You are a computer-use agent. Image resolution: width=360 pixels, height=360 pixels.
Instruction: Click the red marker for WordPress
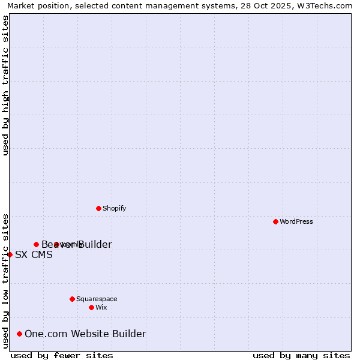[x=275, y=221]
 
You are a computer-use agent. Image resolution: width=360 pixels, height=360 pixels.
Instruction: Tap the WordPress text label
[x=296, y=221]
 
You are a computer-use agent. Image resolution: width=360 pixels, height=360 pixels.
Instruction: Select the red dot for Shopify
[x=98, y=208]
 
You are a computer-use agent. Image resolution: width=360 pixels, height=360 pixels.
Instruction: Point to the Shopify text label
[x=114, y=208]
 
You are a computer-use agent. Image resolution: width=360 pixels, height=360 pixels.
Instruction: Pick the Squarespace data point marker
[x=72, y=299]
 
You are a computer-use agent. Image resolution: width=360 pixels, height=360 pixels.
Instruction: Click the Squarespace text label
[x=97, y=299]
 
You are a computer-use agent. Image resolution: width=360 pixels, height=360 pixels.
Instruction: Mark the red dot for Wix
[x=91, y=307]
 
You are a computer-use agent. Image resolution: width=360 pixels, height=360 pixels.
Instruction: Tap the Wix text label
[x=101, y=307]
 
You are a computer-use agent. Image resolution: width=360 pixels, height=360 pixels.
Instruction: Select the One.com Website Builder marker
[x=20, y=334]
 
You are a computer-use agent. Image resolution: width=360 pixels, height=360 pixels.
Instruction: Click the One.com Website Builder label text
[x=85, y=334]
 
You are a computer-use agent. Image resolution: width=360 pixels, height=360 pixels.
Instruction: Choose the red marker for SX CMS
[x=10, y=254]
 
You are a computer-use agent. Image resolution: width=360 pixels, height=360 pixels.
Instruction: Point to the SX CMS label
[x=34, y=254]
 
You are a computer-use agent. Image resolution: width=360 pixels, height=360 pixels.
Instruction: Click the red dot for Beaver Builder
[x=36, y=244]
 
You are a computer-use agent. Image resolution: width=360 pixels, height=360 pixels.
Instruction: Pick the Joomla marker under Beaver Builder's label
[x=56, y=244]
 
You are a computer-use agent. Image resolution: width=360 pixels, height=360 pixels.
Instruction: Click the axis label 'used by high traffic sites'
[x=6, y=86]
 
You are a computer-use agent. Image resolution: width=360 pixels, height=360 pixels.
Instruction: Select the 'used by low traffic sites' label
[x=6, y=280]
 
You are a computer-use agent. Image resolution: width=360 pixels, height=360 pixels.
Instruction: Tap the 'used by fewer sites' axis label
[x=62, y=355]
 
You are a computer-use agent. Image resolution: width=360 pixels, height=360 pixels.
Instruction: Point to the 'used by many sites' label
[x=301, y=355]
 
